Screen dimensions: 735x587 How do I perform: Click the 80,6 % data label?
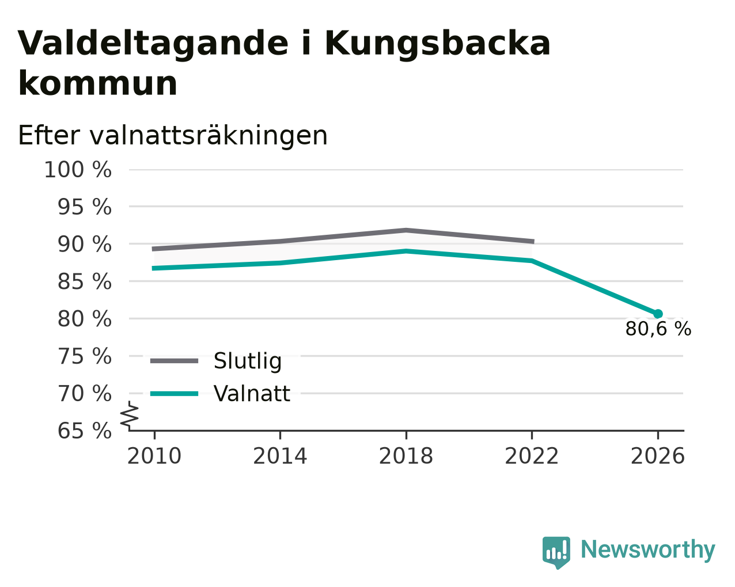pos(658,329)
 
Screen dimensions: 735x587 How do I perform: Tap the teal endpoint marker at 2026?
pos(658,314)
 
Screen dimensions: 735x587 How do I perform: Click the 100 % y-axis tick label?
pos(78,170)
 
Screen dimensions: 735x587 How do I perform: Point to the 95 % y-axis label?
pos(84,207)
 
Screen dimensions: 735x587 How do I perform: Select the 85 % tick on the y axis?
pos(84,282)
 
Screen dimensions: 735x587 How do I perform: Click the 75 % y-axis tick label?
pos(84,357)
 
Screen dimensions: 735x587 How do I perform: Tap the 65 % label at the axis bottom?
pos(84,430)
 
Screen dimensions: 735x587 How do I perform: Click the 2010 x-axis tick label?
pos(154,456)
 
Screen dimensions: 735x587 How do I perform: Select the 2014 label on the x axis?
pos(280,456)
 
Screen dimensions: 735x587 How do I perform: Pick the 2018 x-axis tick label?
pos(406,456)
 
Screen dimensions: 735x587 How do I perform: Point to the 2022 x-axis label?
pos(532,456)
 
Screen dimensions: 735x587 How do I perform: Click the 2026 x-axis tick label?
pos(657,456)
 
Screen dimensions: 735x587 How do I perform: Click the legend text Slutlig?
pos(248,361)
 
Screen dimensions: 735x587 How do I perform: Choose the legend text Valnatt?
pos(252,394)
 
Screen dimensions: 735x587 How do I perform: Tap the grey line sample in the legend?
pos(174,361)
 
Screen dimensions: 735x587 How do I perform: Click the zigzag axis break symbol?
pos(130,416)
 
